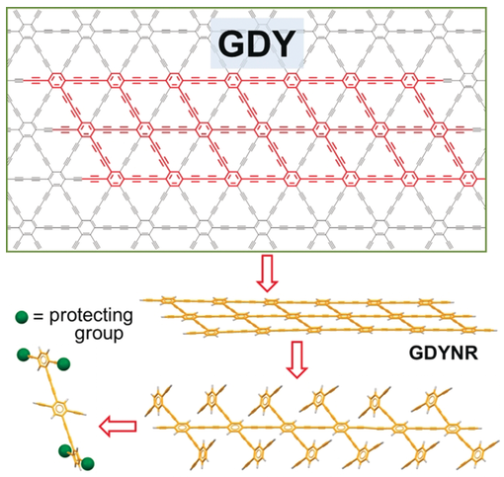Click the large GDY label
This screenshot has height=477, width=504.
[257, 43]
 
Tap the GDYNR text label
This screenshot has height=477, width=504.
[444, 354]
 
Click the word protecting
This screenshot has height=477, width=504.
[91, 316]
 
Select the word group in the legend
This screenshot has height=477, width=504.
[99, 335]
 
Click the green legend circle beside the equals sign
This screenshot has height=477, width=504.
[22, 317]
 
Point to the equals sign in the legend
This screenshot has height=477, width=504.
[39, 317]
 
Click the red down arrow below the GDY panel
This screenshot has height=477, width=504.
[267, 273]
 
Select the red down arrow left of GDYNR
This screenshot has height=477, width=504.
[296, 359]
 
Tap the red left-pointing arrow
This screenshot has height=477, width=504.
[118, 427]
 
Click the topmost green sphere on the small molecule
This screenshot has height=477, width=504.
[24, 355]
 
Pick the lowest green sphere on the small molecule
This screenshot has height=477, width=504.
[87, 464]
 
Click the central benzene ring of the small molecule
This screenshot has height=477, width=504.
[59, 409]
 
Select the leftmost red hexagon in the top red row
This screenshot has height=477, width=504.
[56, 80]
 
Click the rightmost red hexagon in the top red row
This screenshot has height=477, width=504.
[409, 80]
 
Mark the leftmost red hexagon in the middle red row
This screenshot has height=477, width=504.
[86, 129]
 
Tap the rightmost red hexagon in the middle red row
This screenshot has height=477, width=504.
[439, 129]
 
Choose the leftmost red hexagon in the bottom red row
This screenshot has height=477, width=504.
[116, 179]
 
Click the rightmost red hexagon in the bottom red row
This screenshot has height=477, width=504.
[468, 179]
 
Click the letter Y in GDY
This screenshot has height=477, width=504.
[283, 43]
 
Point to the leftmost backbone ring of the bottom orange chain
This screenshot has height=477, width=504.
[181, 428]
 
